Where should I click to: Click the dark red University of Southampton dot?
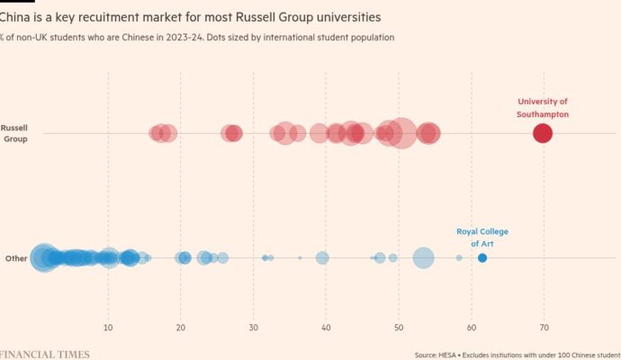542,133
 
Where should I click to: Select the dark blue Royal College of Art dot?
482,258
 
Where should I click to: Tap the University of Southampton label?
542,108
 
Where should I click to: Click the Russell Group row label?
14,133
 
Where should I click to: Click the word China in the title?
17,17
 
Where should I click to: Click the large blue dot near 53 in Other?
423,258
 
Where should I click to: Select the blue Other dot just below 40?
322,258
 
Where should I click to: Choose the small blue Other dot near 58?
459,258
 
